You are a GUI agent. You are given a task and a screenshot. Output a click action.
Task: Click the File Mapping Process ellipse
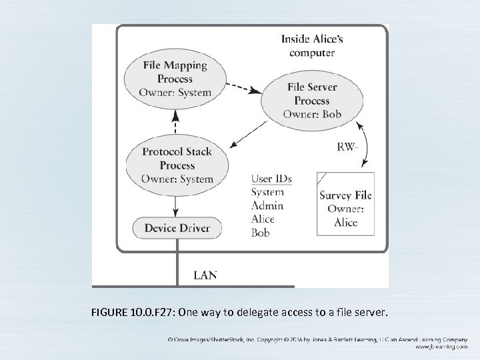[175, 79]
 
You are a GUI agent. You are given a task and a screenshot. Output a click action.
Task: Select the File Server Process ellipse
[312, 101]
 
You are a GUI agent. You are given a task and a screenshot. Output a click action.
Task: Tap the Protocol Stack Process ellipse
[177, 165]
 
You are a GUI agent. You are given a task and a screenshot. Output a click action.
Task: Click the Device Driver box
[177, 228]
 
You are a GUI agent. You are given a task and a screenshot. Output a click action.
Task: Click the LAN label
[205, 274]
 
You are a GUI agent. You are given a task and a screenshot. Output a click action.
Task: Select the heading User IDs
[271, 179]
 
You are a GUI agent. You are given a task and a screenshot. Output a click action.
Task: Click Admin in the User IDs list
[267, 205]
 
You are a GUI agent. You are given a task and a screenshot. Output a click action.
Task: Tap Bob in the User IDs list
[261, 233]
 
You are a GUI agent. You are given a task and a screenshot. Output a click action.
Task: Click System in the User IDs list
[268, 192]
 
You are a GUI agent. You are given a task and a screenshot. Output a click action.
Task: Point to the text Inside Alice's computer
[312, 46]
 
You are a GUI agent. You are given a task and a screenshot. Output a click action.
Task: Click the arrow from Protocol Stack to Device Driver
[175, 204]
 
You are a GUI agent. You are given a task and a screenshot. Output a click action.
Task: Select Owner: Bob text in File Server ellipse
[312, 114]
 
